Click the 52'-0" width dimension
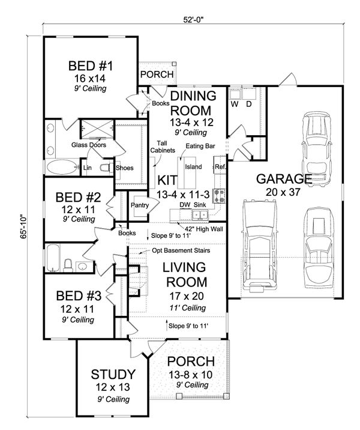pos(193,19)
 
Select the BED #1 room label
pos(91,66)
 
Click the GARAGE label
pos(284,179)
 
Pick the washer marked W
pos(235,94)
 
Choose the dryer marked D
pos(250,94)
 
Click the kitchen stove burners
pos(220,196)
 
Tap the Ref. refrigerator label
pos(220,167)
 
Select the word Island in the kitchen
pos(193,167)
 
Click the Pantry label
pos(140,205)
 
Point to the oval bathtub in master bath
pos(62,167)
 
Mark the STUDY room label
pos(113,374)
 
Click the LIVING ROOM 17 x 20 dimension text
pos(187,296)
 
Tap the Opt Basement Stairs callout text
pos(181,250)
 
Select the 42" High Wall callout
pos(204,229)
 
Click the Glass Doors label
pos(89,145)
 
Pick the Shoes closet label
pos(124,168)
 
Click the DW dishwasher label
pos(185,205)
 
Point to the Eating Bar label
pos(200,146)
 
